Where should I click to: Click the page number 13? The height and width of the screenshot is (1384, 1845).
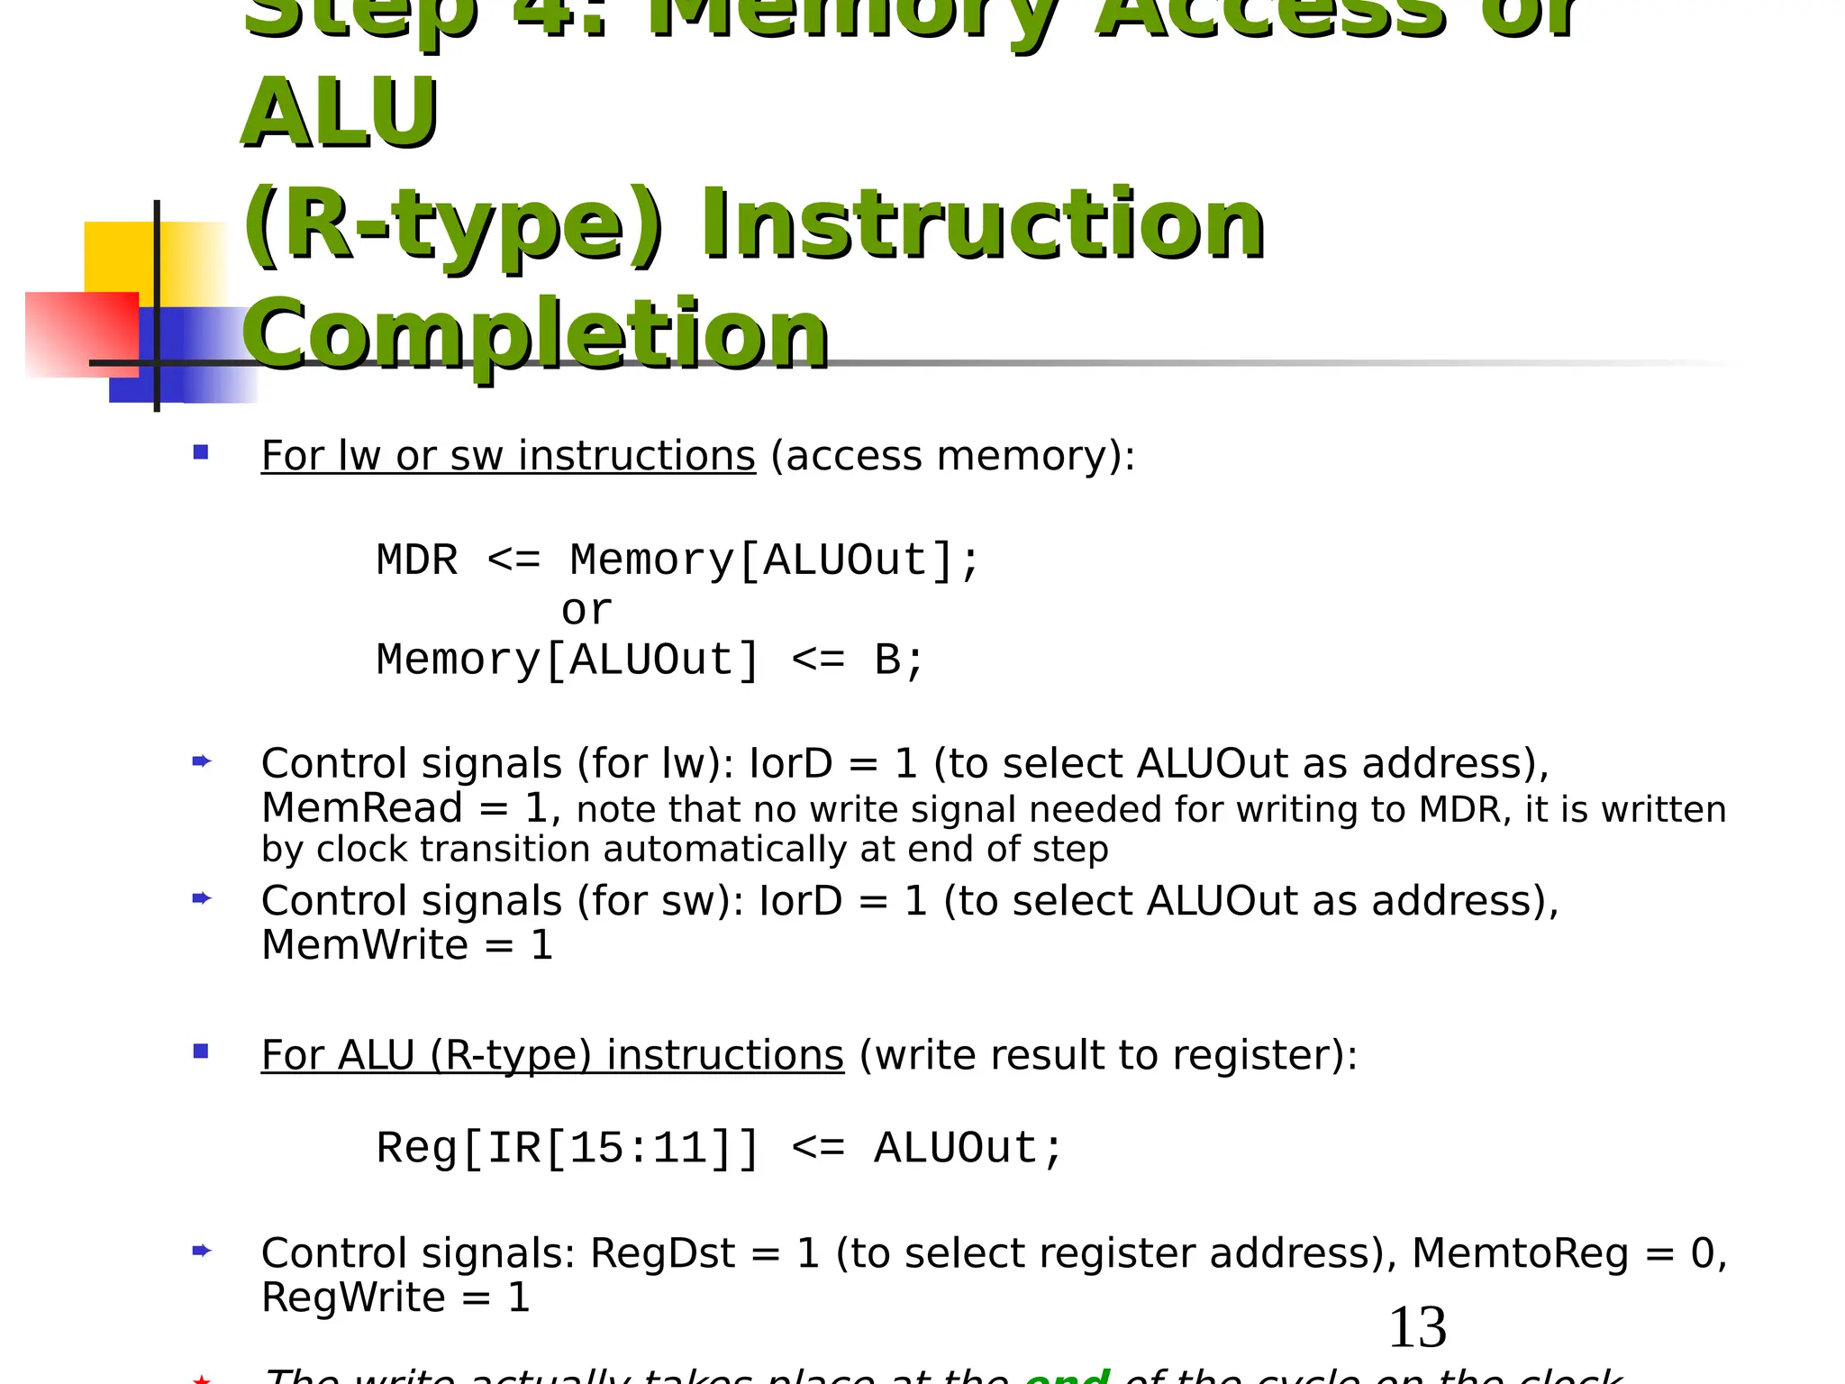click(1417, 1327)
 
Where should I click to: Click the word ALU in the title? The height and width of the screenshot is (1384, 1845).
click(341, 114)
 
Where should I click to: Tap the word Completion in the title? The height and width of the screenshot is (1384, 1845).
click(535, 335)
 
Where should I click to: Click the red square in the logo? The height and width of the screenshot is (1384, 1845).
click(81, 333)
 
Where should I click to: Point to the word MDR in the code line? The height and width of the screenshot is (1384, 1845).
click(417, 560)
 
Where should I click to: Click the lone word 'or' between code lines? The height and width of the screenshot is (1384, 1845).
click(586, 611)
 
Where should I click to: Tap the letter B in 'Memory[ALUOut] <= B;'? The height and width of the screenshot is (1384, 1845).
click(887, 660)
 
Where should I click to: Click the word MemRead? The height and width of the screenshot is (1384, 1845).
click(361, 808)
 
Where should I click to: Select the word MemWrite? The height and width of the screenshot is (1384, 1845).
click(364, 945)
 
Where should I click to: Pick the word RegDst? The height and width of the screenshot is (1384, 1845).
click(662, 1253)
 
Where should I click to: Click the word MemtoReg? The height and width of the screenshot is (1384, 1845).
click(1520, 1253)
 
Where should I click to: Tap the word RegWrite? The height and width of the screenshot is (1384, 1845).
click(353, 1298)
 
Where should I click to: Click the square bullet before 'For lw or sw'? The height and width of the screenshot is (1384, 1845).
click(201, 452)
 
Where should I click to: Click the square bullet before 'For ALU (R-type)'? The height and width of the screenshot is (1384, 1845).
click(201, 1052)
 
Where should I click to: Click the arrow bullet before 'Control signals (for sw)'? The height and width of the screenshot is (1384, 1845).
click(201, 898)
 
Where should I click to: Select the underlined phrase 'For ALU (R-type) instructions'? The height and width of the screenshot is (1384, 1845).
click(552, 1055)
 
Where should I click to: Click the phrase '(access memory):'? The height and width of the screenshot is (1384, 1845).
click(952, 456)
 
